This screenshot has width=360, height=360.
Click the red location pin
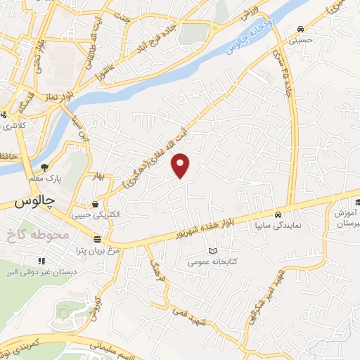coord(181,166)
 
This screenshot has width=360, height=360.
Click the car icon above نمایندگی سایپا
coord(278,214)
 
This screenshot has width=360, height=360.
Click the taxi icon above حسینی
coord(301,30)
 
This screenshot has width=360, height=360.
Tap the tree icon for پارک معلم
coord(44,167)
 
